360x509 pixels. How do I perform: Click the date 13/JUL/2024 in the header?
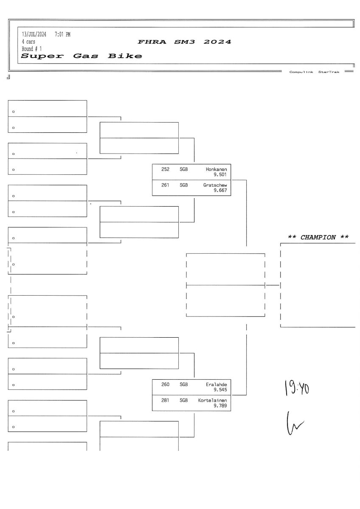point(34,35)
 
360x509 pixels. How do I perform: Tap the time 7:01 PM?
point(63,35)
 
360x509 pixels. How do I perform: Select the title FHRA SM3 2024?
point(184,42)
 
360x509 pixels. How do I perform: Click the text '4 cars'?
point(29,42)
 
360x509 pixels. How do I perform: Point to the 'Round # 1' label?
point(32,49)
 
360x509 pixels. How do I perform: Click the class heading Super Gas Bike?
point(82,56)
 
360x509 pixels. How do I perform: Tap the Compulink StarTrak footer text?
point(314,72)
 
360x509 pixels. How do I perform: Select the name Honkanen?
point(216,169)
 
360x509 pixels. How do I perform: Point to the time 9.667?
point(220,190)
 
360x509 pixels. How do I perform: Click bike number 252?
point(166,169)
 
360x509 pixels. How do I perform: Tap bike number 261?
point(166,185)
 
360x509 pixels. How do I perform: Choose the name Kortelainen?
point(213,400)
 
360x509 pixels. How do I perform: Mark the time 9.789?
point(220,406)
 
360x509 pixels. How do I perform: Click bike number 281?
point(166,400)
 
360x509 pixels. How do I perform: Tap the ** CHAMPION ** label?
point(318,238)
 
